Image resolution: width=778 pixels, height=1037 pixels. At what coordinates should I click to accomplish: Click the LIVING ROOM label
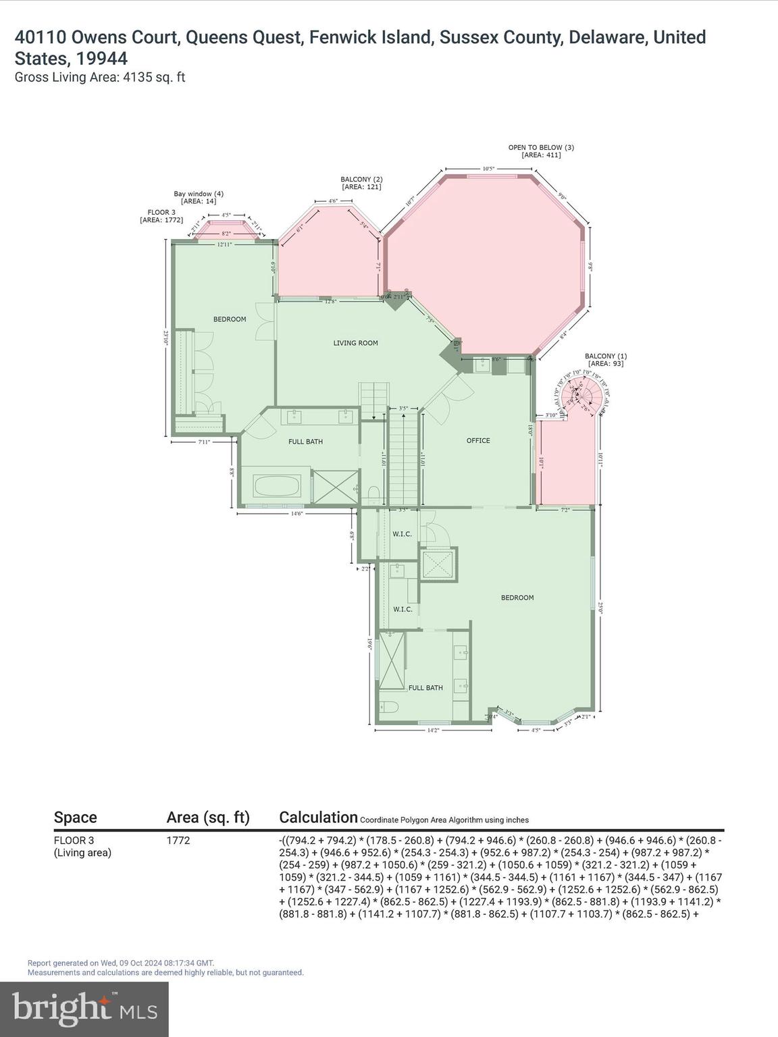coord(355,343)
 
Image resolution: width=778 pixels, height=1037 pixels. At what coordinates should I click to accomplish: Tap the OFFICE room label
coord(478,441)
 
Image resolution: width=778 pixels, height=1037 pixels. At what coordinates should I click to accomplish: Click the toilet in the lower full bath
coord(390,708)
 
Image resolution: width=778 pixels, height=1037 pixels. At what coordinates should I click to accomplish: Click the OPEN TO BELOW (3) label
coord(541,151)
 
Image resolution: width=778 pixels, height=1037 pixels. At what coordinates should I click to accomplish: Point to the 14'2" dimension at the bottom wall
coord(432,730)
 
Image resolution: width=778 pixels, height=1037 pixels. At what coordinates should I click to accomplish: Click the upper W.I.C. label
coord(403,534)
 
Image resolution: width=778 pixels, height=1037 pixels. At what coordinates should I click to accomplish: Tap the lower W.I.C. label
coord(403,609)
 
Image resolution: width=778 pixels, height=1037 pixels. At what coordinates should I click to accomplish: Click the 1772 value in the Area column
coord(178,841)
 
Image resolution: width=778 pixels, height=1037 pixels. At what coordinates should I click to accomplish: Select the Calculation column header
coord(318,818)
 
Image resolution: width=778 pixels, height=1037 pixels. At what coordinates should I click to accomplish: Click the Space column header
coord(76,818)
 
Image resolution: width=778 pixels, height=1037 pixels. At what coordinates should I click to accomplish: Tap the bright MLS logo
coord(84,1009)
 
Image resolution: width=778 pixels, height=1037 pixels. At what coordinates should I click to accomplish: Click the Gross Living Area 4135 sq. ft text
coord(100,77)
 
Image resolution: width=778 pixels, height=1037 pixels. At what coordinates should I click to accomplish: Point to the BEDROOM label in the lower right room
coord(517,597)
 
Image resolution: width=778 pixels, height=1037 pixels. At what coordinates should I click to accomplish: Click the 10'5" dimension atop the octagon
coord(489,169)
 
